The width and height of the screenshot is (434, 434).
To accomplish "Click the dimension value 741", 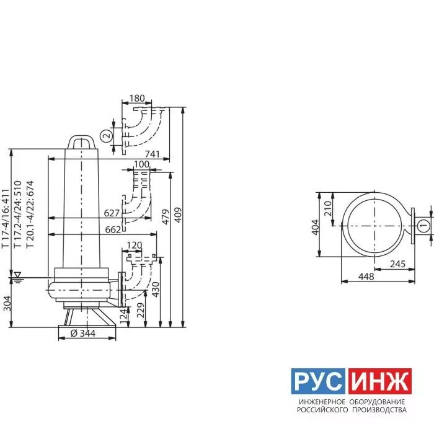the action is [153, 154].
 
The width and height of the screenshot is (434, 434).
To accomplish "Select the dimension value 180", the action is [137, 98].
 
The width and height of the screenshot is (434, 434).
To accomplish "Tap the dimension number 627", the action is [112, 213].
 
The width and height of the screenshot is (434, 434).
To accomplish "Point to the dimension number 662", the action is [113, 230].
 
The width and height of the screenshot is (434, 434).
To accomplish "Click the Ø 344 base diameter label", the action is [83, 334].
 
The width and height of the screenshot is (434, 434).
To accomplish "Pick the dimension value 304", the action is [7, 303].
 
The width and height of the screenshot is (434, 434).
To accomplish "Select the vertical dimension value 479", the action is [166, 217].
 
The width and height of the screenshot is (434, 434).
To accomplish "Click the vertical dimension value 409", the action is [179, 215].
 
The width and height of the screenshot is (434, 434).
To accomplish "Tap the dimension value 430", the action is [156, 290].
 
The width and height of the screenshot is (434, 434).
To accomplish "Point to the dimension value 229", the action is [141, 311].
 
